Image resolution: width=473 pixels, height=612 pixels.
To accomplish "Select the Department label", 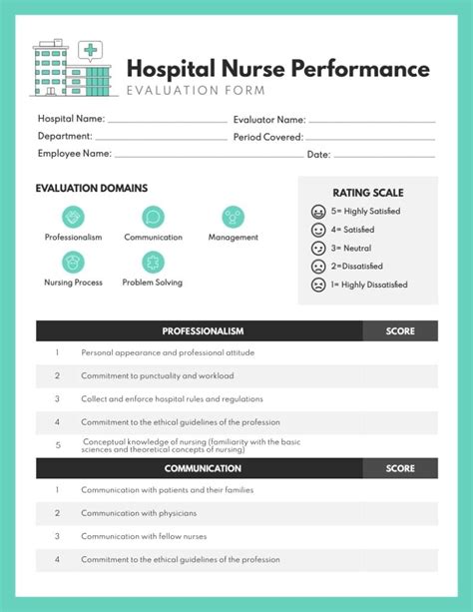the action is pos(65,136).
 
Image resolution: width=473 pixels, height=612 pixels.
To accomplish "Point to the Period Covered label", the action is pos(268,137).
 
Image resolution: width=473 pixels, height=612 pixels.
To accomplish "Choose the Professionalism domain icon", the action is pos(73,217).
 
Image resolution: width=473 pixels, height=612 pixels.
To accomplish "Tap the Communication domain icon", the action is pos(153,217).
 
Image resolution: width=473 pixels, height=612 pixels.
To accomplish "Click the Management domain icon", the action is pos(233,217).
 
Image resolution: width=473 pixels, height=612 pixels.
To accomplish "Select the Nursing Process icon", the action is pos(73,263).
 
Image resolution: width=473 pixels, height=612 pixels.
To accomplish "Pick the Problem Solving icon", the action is pos(153,263).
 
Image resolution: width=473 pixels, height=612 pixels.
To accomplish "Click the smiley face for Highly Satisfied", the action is pos(318,212).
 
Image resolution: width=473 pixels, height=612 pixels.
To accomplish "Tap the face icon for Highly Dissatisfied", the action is pos(318,285).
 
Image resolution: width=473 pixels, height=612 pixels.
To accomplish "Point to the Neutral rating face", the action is pos(318,248).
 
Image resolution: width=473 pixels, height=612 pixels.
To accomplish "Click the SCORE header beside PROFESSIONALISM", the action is pos(399,331).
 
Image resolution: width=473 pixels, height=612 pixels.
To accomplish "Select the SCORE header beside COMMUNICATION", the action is pos(399,468).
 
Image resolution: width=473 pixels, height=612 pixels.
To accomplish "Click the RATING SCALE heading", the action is pos(368,193).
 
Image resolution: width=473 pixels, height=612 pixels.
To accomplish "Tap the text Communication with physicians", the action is pos(139,513).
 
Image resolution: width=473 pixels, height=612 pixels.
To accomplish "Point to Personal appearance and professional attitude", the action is pos(168,353).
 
